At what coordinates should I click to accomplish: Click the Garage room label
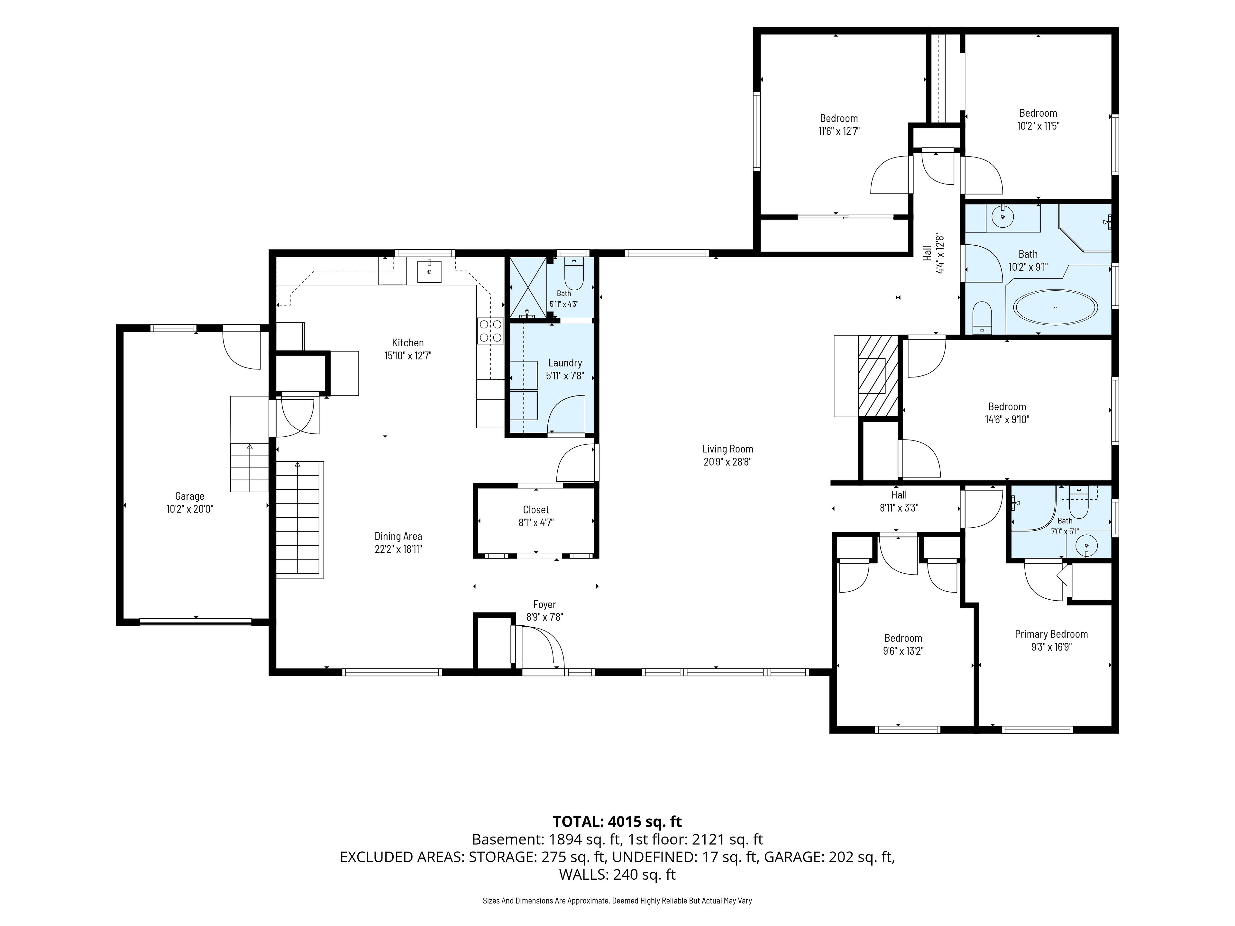point(190,496)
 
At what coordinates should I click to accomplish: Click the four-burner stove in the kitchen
point(490,331)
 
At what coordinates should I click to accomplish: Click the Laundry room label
point(565,363)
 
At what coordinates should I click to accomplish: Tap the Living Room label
point(727,449)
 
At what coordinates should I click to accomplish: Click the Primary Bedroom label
point(1051,634)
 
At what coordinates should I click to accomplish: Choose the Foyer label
point(544,604)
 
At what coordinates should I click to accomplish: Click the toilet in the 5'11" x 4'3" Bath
point(574,274)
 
